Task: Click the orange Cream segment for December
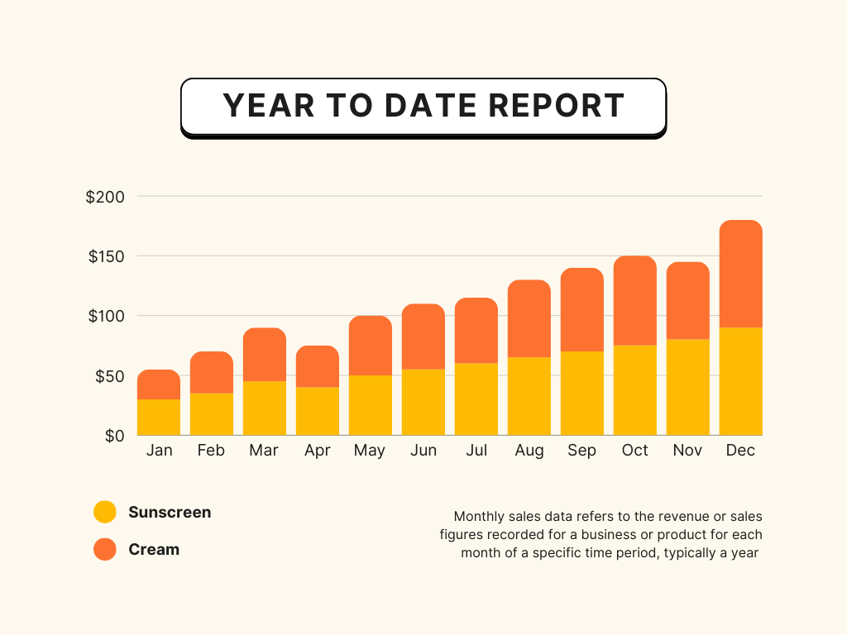click(741, 274)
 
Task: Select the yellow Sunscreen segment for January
click(159, 417)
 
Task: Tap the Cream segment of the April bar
click(318, 366)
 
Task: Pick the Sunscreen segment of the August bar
click(529, 396)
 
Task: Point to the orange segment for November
click(688, 300)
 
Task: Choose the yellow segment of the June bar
click(423, 402)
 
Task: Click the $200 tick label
click(105, 197)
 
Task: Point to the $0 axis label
click(114, 436)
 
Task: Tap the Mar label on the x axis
click(264, 451)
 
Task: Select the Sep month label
click(581, 451)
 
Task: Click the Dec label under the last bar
click(740, 451)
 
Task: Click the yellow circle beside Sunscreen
click(105, 512)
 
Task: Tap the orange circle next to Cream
click(105, 549)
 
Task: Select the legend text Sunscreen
click(170, 512)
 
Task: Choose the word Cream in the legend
click(154, 549)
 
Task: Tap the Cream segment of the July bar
click(476, 331)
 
